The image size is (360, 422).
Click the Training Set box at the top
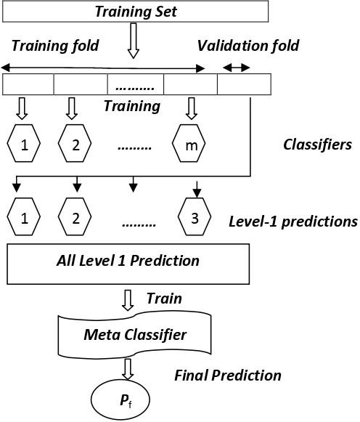pos(136,12)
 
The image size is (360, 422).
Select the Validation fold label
pos(248,46)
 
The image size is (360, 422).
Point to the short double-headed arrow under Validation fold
pos(235,68)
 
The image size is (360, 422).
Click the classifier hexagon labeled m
pos(191,145)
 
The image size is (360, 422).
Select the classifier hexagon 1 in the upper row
pos(24,145)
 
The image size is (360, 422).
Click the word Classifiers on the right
pos(317,145)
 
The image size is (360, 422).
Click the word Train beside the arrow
pos(164,299)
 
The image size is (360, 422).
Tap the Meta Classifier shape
pos(136,334)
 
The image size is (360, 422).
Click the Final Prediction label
pos(227,376)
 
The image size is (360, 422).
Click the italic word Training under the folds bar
pos(131,106)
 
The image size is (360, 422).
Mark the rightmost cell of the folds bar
pos(244,84)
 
